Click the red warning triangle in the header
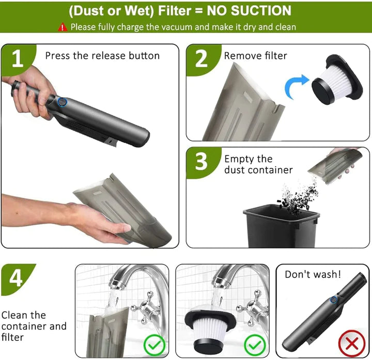(x=63, y=27)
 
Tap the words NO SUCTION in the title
(x=249, y=11)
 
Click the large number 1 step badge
(x=18, y=59)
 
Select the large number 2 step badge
(x=202, y=59)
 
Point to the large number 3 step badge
(x=202, y=162)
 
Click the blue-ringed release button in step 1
(x=62, y=102)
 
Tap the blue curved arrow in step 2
(x=296, y=87)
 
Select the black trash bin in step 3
(x=281, y=227)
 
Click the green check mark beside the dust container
(x=154, y=345)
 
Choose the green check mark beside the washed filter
(x=255, y=345)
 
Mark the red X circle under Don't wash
(x=352, y=343)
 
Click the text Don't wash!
(x=313, y=274)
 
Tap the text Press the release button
(x=102, y=56)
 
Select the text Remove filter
(x=256, y=56)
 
